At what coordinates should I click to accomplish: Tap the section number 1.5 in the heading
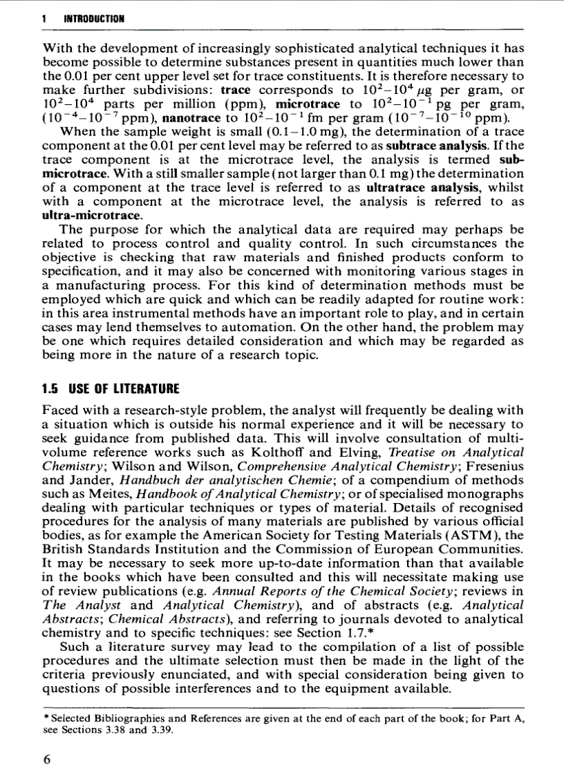pyautogui.click(x=54, y=388)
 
